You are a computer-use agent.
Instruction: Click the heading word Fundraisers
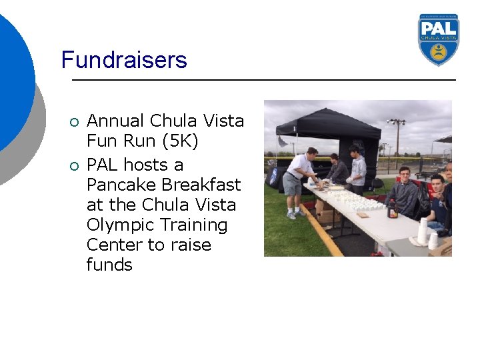point(124,60)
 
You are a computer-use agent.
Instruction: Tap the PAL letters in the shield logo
point(439,27)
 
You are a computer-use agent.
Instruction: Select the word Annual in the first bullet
point(115,121)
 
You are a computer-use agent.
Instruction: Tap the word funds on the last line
point(109,265)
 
